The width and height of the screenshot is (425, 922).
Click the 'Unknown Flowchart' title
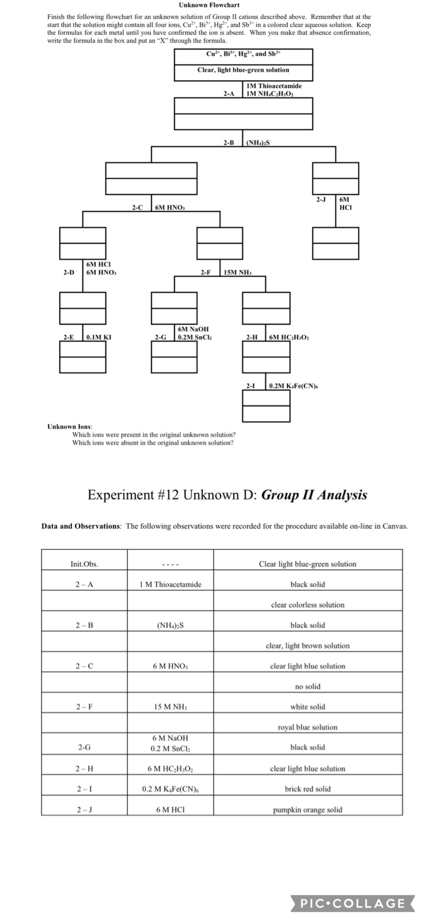tap(209, 5)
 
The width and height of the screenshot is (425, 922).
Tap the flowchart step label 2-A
tap(229, 94)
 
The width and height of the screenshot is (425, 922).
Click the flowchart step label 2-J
tap(321, 199)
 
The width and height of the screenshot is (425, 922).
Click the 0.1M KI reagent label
tap(99, 337)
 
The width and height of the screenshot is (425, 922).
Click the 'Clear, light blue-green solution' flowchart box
tap(243, 70)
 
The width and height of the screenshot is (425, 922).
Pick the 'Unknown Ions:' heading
tap(70, 426)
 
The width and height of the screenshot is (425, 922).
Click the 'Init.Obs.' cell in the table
tap(84, 564)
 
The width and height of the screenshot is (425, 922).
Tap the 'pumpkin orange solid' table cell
tap(307, 810)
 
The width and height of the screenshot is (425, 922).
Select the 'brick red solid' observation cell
tap(307, 789)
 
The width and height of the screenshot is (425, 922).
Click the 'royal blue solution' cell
tap(307, 727)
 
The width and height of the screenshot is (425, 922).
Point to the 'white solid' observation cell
tap(307, 707)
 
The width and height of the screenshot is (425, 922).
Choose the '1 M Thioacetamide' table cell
tap(170, 584)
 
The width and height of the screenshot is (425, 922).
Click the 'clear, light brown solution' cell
tap(307, 646)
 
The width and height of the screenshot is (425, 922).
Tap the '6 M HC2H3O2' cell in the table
tap(170, 769)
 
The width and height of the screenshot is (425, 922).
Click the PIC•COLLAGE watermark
tap(353, 903)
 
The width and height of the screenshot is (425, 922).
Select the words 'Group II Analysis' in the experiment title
tap(314, 495)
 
